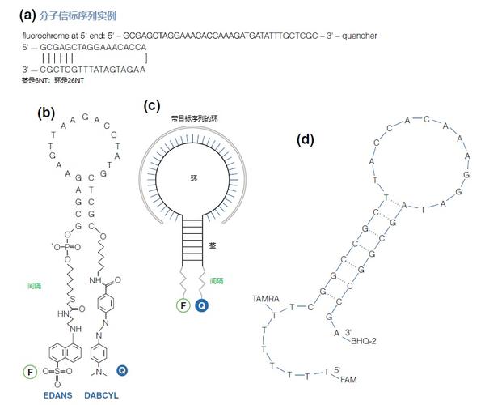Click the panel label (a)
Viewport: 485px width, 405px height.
point(27,15)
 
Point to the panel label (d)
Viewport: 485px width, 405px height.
point(306,139)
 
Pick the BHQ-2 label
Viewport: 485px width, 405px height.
point(364,341)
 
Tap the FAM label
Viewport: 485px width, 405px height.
point(348,379)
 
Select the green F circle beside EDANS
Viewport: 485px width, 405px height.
point(30,372)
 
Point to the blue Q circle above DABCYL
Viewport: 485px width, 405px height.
point(122,371)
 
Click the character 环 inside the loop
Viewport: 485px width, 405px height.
point(193,177)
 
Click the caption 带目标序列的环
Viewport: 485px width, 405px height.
point(194,118)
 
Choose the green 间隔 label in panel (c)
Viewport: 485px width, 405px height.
point(217,281)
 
